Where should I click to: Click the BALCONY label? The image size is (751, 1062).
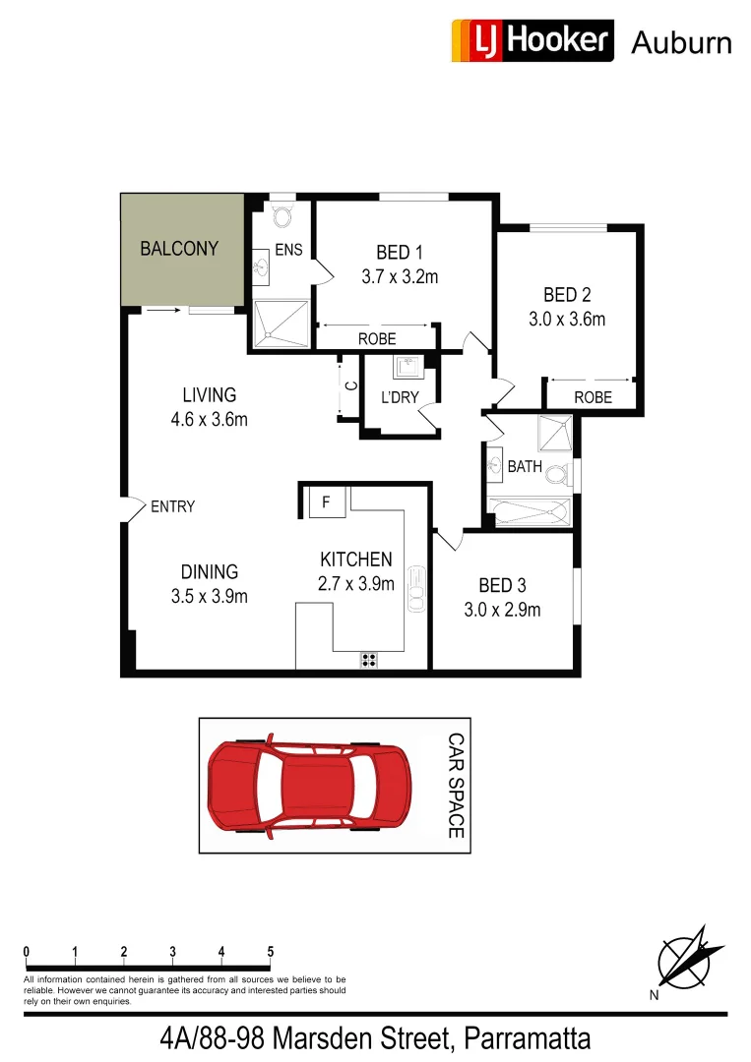click(179, 249)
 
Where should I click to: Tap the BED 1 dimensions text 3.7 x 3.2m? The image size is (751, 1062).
click(399, 276)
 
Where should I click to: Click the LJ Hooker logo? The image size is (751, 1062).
click(532, 41)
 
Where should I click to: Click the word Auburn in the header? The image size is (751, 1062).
click(681, 42)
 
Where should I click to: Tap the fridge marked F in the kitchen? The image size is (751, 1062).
click(326, 503)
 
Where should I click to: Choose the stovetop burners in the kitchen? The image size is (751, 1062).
click(369, 660)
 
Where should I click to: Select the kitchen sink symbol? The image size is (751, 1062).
click(417, 588)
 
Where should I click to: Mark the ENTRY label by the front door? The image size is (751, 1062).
click(172, 506)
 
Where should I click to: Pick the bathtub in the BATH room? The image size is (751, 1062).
click(530, 510)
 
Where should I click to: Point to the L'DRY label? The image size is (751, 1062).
click(400, 397)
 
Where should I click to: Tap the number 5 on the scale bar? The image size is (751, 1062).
click(270, 952)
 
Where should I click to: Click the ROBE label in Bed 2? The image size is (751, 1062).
click(593, 397)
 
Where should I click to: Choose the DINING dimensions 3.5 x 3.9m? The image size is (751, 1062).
click(209, 596)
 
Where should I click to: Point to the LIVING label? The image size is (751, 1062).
click(210, 395)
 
